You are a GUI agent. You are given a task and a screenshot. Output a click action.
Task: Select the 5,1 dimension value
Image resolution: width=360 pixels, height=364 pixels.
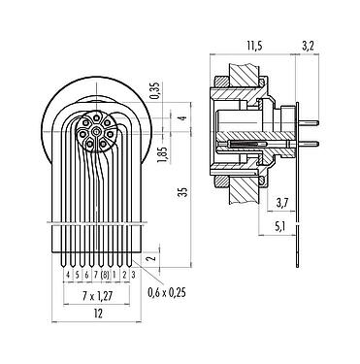point(281,228)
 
